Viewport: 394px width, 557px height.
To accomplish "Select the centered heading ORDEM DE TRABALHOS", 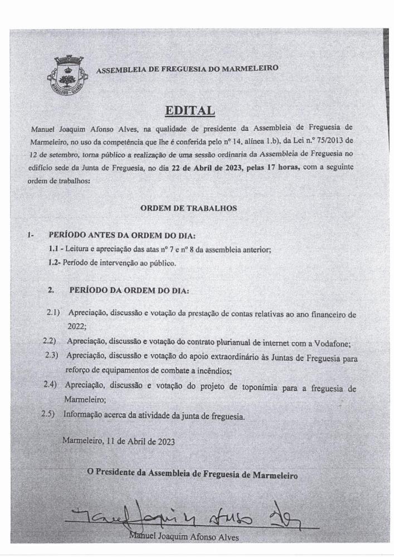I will click(x=188, y=208).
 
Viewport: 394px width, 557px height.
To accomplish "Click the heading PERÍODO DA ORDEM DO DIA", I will click(x=129, y=290).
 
